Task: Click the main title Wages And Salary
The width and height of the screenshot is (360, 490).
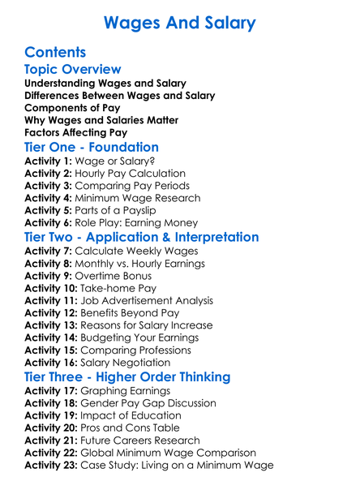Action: pos(179,22)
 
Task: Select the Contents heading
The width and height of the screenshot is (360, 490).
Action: pos(55,53)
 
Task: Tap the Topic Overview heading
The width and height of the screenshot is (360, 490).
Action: pos(73,70)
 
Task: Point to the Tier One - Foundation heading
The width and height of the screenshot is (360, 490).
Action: pos(92,148)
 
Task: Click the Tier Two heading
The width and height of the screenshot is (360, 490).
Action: pos(142,238)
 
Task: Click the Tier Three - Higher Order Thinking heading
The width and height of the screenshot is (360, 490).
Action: pos(139,377)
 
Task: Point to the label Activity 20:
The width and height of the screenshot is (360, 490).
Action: pos(53,428)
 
